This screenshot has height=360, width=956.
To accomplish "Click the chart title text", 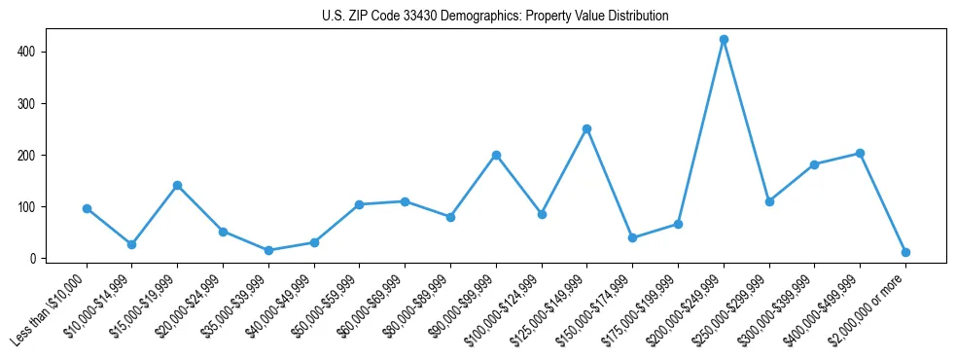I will pos(495,17).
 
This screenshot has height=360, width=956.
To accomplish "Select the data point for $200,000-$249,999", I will pos(724,40).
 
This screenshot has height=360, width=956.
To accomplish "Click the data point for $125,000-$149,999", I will pos(586,128).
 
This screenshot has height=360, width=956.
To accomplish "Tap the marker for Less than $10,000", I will pos(87,208).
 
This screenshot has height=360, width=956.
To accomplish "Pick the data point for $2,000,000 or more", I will pos(905,252).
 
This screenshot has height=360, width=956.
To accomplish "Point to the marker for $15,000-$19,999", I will pos(177,185).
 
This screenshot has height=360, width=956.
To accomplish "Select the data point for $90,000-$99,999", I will pos(496,155).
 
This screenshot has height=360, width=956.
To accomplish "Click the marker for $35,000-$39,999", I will pos(268,250).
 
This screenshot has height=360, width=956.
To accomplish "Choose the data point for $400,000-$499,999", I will pos(860,153).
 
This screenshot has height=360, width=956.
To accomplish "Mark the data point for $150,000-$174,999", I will pos(632,237).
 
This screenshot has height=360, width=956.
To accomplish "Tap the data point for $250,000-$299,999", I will pos(769,201).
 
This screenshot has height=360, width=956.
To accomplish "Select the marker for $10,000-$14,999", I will pos(131,244).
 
